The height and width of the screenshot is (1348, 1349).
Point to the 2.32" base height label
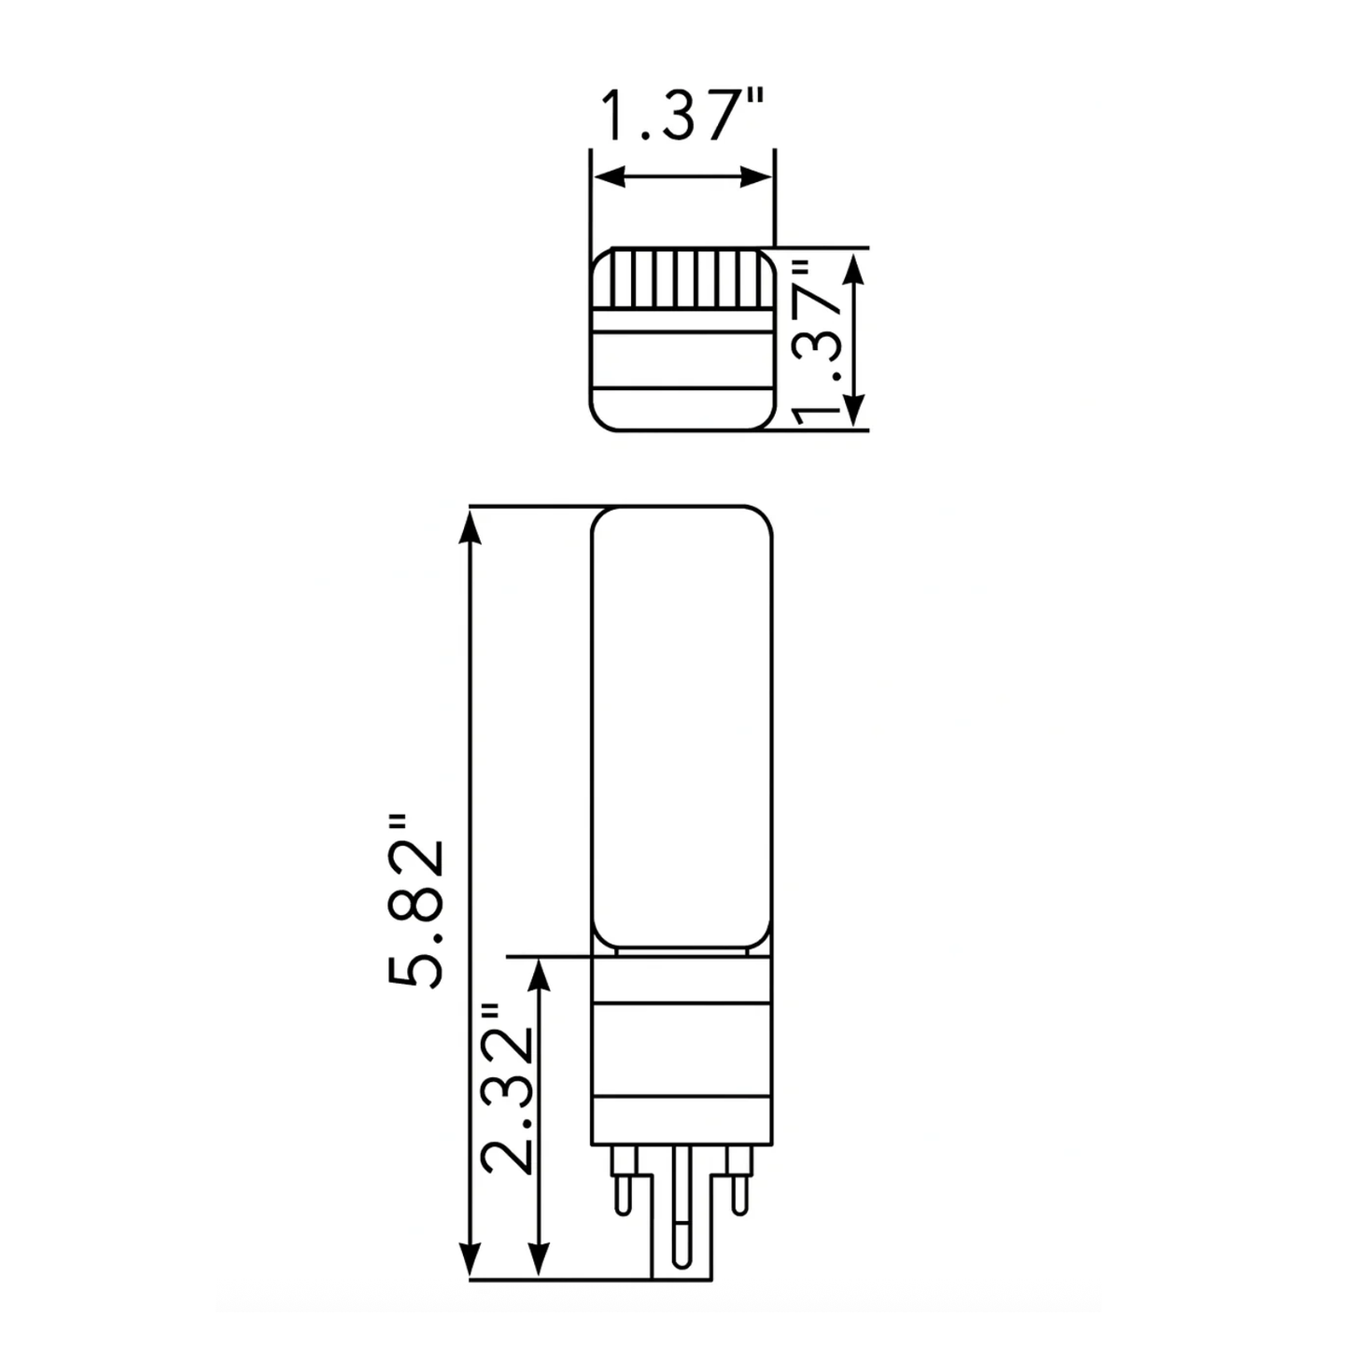[x=507, y=1088]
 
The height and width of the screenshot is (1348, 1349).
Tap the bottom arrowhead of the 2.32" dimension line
[x=538, y=1260]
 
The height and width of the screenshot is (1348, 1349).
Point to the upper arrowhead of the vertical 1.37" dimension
[x=854, y=265]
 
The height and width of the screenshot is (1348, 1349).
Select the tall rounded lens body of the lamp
[x=682, y=728]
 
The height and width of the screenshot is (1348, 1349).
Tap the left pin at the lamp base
[x=622, y=1182]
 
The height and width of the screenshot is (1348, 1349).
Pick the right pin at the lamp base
[x=740, y=1182]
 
